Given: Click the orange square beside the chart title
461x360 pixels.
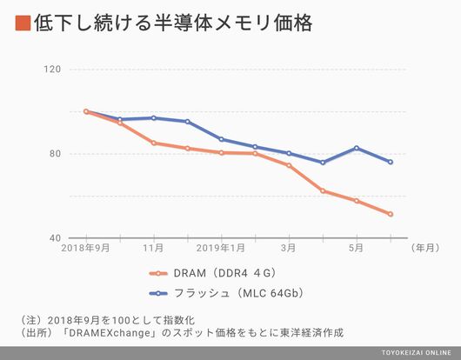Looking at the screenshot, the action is tap(23, 23).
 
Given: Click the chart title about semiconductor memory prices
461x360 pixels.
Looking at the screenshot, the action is tap(173, 23).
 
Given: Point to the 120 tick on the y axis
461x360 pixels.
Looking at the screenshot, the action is tap(53, 70).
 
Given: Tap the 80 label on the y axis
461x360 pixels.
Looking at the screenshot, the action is tap(56, 154).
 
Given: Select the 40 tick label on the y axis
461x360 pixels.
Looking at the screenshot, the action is tap(56, 238).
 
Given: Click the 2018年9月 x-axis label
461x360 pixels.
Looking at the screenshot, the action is tap(85, 248).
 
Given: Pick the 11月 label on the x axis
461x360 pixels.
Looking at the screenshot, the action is tap(153, 248).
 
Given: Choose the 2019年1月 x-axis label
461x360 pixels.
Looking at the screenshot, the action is tap(221, 248).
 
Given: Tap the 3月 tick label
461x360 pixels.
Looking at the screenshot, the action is tap(289, 248).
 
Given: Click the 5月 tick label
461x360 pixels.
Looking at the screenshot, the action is tap(356, 248).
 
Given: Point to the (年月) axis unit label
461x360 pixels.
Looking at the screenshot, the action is tap(425, 248).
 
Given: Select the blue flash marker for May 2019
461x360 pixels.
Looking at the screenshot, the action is tap(357, 148).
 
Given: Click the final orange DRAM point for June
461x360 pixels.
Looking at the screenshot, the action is tap(391, 214).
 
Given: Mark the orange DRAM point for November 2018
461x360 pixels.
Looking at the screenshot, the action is tap(153, 143).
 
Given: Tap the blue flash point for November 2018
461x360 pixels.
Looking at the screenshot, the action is tap(153, 118).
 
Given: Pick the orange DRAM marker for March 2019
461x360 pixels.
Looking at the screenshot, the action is tap(289, 165).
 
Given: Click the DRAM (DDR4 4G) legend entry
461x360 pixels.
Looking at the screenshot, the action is tap(213, 273).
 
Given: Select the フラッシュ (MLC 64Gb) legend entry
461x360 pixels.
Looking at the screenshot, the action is tap(226, 293).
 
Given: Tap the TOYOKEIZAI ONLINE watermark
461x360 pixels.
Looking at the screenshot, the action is tap(417, 353).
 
